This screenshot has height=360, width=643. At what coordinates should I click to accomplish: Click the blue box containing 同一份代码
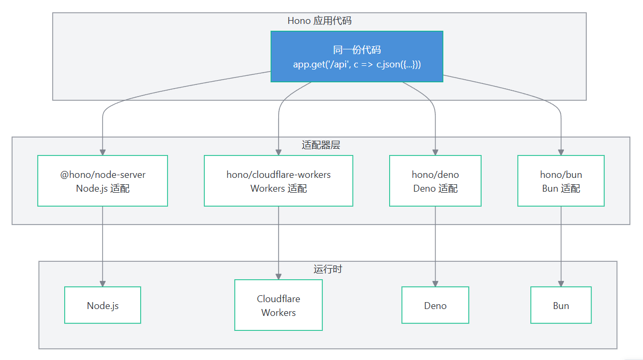coord(357,57)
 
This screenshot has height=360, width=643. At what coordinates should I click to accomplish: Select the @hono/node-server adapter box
coord(102,181)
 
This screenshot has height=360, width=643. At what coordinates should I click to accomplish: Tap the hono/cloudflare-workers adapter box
coord(278,181)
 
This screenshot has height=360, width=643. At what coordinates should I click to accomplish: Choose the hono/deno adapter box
coord(435,181)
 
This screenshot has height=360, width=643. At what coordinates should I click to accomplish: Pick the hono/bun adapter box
coord(561,181)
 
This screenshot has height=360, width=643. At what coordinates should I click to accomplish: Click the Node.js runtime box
coord(102,305)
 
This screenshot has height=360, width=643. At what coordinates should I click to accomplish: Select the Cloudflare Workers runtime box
coord(278,305)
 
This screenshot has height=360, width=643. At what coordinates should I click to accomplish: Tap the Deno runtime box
coord(435,305)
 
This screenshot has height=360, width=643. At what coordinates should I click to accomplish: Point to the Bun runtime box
coord(561,305)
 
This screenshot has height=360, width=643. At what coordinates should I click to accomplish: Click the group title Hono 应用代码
coord(320,21)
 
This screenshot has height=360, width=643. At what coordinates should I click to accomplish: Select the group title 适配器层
coord(321,145)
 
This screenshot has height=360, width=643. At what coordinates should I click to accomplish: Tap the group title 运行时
coord(328,269)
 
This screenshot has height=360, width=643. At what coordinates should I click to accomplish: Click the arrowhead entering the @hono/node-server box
coord(102,152)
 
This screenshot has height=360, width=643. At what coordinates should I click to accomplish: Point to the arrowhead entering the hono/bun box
coord(561,152)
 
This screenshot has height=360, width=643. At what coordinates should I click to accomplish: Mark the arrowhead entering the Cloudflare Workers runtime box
coord(278,277)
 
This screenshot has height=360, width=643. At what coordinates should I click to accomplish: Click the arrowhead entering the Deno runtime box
coord(435,284)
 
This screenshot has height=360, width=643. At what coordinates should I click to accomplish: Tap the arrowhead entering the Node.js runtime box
coord(102,284)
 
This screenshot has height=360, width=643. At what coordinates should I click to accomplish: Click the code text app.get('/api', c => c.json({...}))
coord(357,64)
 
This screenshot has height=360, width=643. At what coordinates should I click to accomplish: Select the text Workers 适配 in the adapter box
coord(278,188)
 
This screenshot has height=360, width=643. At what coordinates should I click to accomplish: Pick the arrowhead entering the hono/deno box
coord(435,152)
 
